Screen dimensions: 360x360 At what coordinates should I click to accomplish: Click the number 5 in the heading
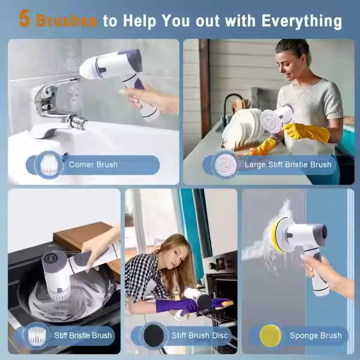(24, 19)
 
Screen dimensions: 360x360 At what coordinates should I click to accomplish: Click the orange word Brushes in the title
(67, 20)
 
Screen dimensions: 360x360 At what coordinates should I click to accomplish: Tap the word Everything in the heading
(302, 20)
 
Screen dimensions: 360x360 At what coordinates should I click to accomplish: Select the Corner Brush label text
(93, 164)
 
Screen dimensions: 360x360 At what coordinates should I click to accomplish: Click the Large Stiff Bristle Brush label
(287, 164)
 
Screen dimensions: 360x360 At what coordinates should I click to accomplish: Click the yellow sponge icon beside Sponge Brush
(271, 334)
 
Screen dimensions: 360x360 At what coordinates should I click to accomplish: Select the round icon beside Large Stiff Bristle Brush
(225, 163)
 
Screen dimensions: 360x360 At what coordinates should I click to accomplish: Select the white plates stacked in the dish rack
(243, 126)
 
